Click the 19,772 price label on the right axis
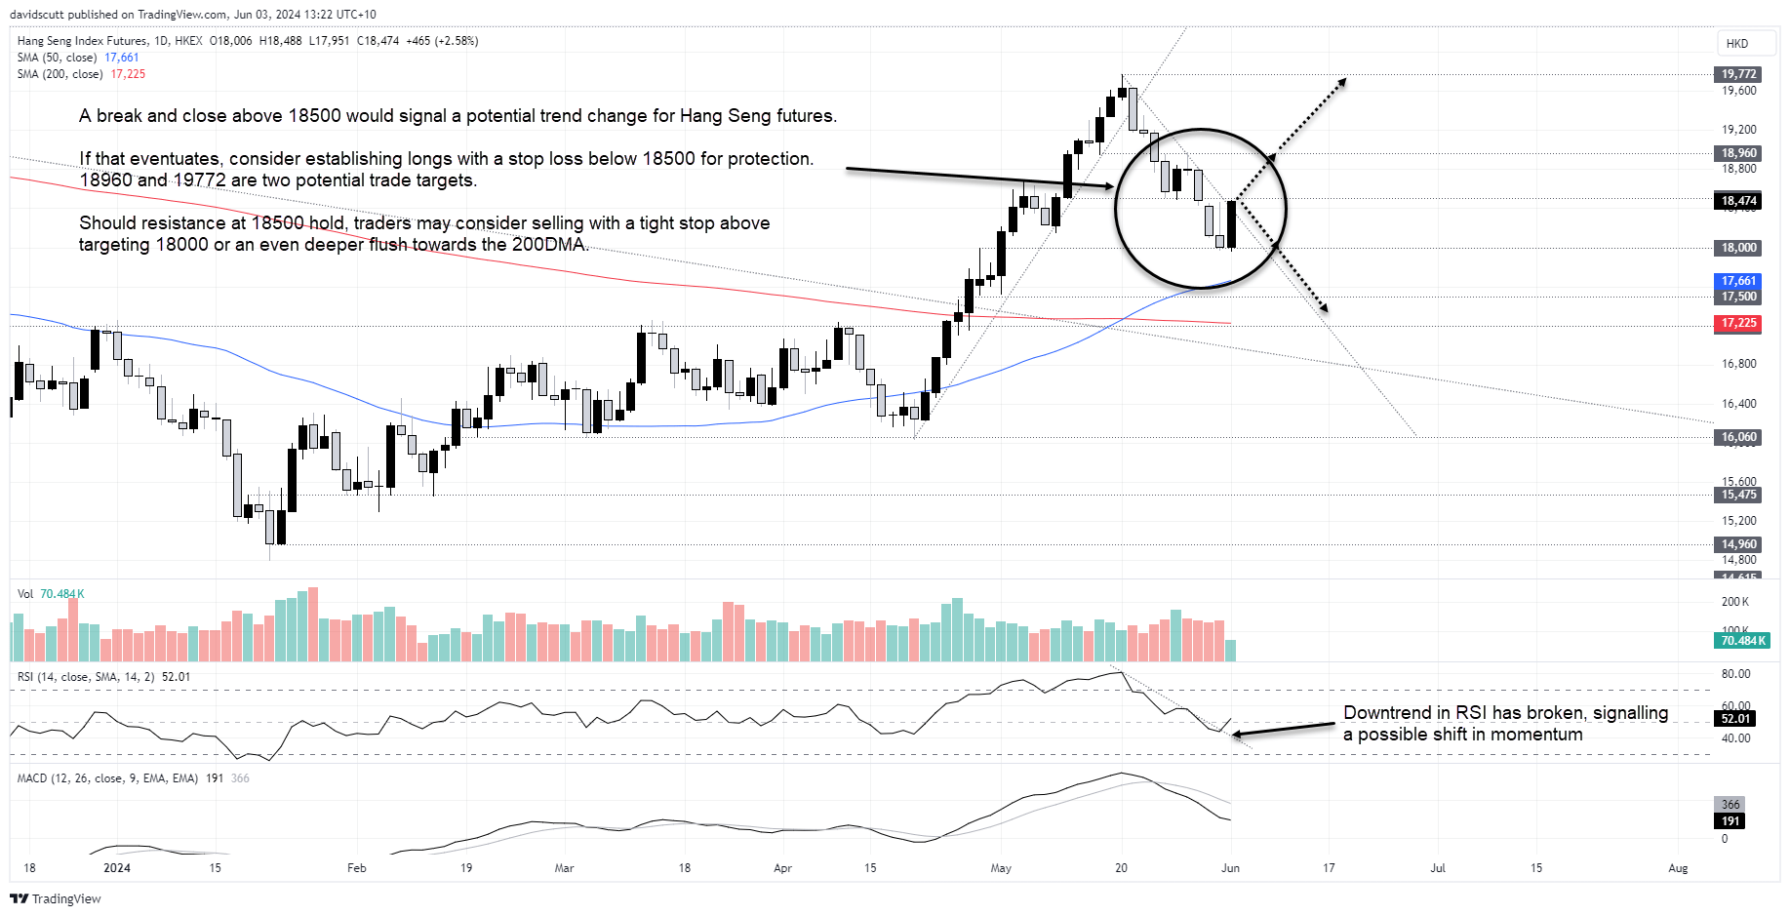(x=1737, y=74)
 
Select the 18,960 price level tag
(x=1737, y=153)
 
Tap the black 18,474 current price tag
(x=1737, y=201)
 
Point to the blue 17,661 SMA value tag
(x=1737, y=281)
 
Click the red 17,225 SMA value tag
(x=1737, y=323)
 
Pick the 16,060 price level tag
(x=1737, y=437)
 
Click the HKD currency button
(x=1736, y=44)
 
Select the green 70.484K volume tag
(x=1742, y=641)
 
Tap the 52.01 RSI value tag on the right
(x=1735, y=719)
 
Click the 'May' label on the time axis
(x=1001, y=867)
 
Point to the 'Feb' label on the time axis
(x=357, y=867)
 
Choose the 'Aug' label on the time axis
(x=1678, y=867)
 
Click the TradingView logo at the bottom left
(x=56, y=898)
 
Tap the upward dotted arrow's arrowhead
(x=1343, y=81)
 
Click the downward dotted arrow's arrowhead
(x=1324, y=309)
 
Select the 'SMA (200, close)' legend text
(x=60, y=74)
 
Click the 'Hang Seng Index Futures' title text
(x=82, y=41)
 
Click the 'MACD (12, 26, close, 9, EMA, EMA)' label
(x=107, y=778)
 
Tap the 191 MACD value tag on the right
(x=1730, y=821)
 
